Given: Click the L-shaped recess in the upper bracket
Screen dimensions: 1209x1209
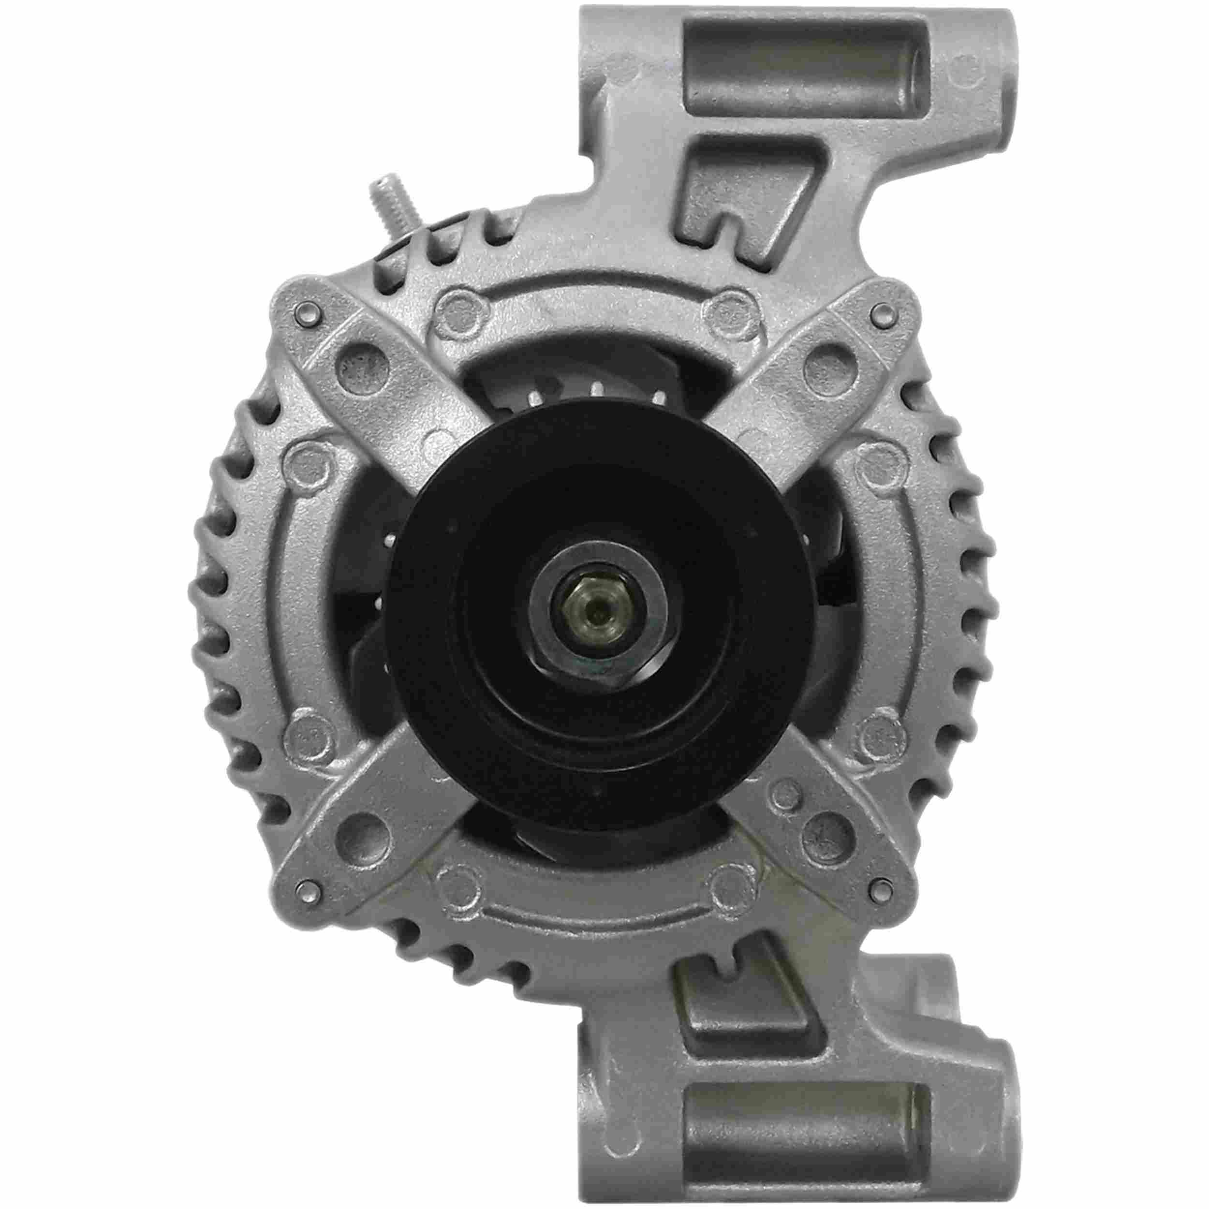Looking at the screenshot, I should click(x=745, y=188).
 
